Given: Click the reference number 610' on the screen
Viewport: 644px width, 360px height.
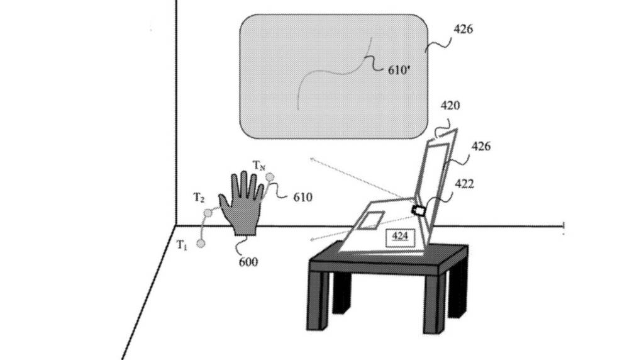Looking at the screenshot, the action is [x=399, y=70].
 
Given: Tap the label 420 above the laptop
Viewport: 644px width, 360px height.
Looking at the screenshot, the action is [x=450, y=106].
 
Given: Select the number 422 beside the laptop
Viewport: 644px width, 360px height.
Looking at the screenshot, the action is [x=464, y=184].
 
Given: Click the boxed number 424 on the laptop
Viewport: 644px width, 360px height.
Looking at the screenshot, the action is [x=400, y=236].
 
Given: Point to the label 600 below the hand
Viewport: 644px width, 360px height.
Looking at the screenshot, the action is [x=248, y=262].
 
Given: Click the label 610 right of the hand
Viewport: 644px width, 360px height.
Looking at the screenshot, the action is [x=303, y=198].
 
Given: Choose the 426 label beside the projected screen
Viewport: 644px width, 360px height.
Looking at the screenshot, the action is [x=463, y=29].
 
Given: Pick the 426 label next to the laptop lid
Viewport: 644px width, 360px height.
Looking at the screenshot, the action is [x=480, y=146].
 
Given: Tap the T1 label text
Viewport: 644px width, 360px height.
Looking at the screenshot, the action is [x=182, y=245].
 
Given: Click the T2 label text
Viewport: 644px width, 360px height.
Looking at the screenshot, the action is [x=199, y=198].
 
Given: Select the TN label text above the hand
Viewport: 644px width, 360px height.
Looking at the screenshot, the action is [x=258, y=166].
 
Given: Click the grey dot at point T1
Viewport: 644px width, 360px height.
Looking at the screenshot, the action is [x=201, y=244].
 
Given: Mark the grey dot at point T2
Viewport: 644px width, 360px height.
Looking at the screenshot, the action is [x=208, y=213].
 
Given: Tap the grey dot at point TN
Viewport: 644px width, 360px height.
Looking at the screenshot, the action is [x=269, y=177].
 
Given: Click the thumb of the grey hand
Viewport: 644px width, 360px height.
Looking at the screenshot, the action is [x=225, y=203].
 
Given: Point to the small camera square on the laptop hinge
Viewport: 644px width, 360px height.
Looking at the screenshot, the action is [x=418, y=211].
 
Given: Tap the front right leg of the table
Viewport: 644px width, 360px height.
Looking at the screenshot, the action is [x=434, y=303].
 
